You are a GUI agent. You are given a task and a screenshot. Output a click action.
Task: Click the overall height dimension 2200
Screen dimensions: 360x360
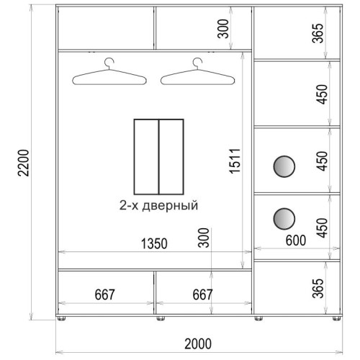click(x=24, y=163)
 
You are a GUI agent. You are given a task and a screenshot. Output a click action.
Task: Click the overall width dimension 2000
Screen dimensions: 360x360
click(x=198, y=343)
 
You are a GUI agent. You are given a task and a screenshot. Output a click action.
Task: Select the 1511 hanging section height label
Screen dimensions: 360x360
click(x=235, y=161)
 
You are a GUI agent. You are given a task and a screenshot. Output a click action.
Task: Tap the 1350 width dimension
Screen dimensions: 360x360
click(x=154, y=243)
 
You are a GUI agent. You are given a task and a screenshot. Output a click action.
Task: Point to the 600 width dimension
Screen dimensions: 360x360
click(x=296, y=240)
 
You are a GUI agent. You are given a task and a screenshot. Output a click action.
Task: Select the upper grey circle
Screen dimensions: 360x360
click(x=284, y=166)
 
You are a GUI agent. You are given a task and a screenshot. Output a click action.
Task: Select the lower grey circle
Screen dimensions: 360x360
click(x=284, y=219)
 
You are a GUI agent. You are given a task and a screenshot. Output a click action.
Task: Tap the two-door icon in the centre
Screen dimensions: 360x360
click(x=159, y=157)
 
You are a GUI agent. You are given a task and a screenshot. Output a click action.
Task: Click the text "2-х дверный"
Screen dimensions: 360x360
click(x=158, y=205)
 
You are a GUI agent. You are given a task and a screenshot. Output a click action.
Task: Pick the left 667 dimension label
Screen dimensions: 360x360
click(x=104, y=294)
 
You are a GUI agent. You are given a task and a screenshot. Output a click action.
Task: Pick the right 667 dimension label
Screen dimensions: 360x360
click(x=202, y=294)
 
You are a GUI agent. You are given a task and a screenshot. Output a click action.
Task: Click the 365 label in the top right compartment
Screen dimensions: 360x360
click(x=318, y=33)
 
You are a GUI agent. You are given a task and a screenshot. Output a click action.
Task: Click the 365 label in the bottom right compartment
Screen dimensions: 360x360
click(x=318, y=288)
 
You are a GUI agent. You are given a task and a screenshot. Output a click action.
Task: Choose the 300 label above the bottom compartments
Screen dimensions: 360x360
click(x=204, y=238)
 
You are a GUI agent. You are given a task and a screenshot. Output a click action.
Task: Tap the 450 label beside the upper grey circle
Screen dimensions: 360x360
click(x=322, y=161)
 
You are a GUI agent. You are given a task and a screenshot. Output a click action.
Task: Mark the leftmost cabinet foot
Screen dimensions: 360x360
click(x=61, y=318)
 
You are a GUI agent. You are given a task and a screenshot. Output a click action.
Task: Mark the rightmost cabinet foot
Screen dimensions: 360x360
click(x=336, y=318)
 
